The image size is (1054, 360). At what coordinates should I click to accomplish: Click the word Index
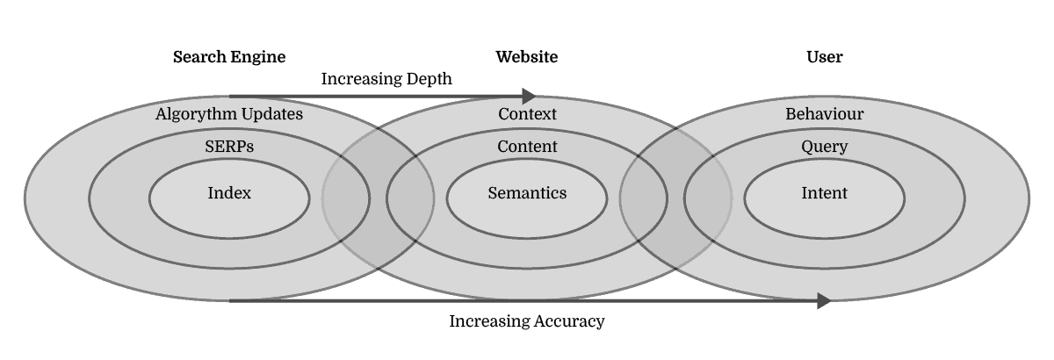229,193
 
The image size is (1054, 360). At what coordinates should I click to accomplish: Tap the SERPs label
229,147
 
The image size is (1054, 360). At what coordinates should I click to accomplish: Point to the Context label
527,114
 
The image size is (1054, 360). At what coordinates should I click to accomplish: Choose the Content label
527,147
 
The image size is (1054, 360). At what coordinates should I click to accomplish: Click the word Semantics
527,193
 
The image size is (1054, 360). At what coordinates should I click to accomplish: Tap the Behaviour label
824,114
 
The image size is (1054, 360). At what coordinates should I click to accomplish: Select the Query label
824,147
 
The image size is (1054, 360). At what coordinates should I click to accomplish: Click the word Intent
824,193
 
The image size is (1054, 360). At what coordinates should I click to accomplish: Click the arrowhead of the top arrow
530,96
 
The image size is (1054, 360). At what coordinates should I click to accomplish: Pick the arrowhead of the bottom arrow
824,301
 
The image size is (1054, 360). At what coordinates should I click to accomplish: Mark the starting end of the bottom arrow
231,301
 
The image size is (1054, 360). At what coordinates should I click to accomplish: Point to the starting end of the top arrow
231,96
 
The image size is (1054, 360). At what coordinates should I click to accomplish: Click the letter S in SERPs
209,147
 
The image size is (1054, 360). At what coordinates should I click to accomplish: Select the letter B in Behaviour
790,114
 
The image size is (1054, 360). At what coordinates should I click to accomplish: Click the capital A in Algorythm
161,114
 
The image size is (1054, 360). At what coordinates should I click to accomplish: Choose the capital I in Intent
804,193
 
